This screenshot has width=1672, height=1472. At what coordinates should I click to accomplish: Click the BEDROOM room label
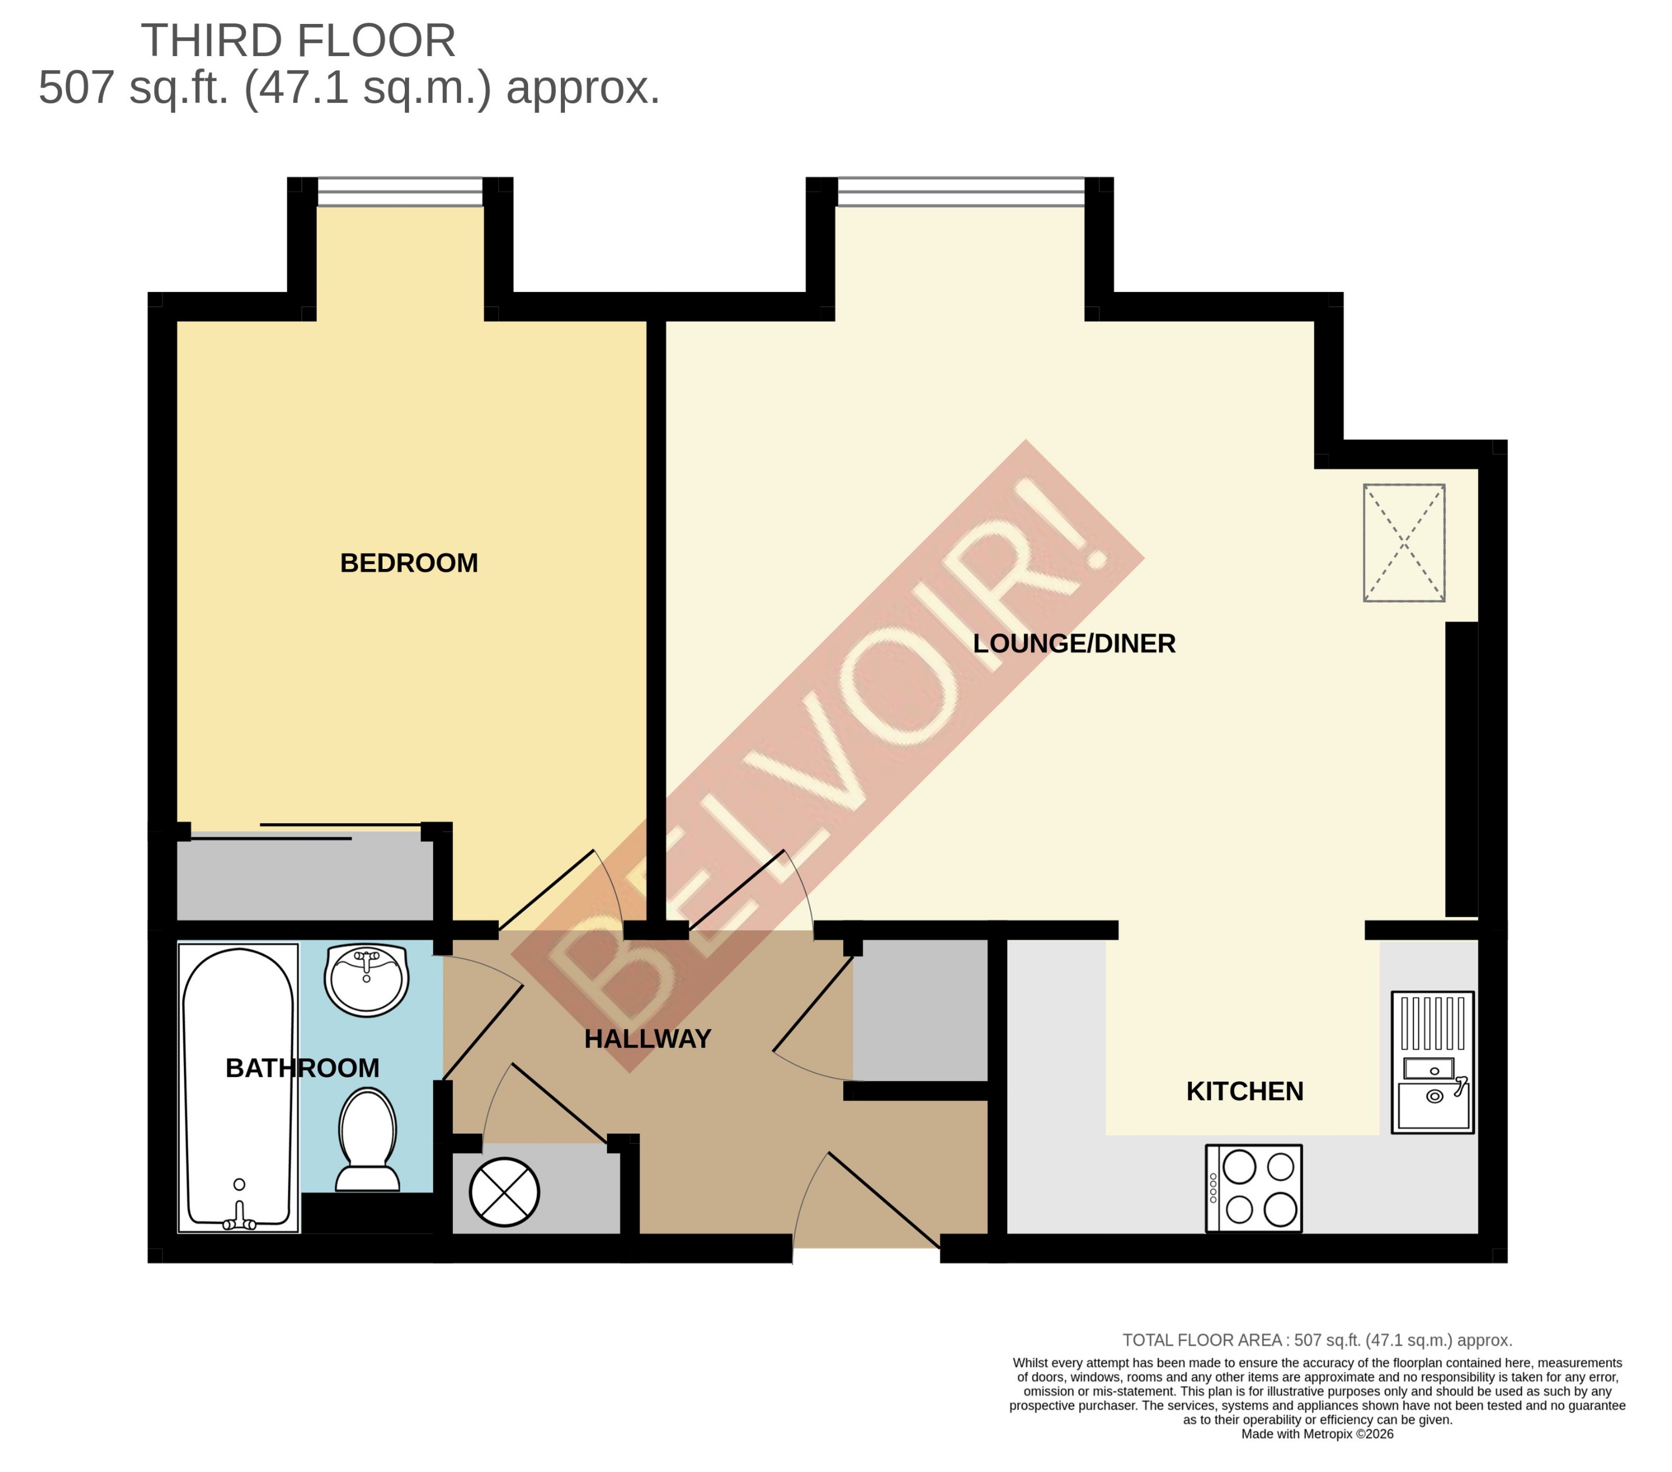coord(408,563)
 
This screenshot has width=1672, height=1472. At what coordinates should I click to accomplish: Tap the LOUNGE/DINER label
coord(1073,644)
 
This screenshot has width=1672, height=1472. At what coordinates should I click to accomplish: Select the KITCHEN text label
coord(1244,1091)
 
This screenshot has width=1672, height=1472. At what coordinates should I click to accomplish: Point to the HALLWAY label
coord(647,1039)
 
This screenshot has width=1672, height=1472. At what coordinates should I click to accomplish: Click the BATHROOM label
coord(302,1068)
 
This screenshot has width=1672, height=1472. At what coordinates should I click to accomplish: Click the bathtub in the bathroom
coord(238,1088)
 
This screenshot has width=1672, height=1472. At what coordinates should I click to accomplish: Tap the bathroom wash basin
coord(366,979)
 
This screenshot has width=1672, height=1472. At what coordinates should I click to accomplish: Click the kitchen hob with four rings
coord(1253,1188)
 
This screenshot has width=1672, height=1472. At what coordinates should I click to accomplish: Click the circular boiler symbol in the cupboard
coord(504,1192)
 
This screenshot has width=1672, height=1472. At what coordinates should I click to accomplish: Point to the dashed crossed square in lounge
coord(1404,543)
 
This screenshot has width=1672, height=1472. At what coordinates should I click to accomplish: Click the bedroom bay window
coord(400,192)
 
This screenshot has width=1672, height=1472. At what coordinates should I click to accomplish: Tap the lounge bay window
coord(960,192)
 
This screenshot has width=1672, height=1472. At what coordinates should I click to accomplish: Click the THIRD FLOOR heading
coord(298,41)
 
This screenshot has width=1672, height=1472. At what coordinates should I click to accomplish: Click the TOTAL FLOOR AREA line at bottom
coord(1317,1341)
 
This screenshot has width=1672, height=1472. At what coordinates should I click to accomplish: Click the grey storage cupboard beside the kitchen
coord(920,1010)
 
